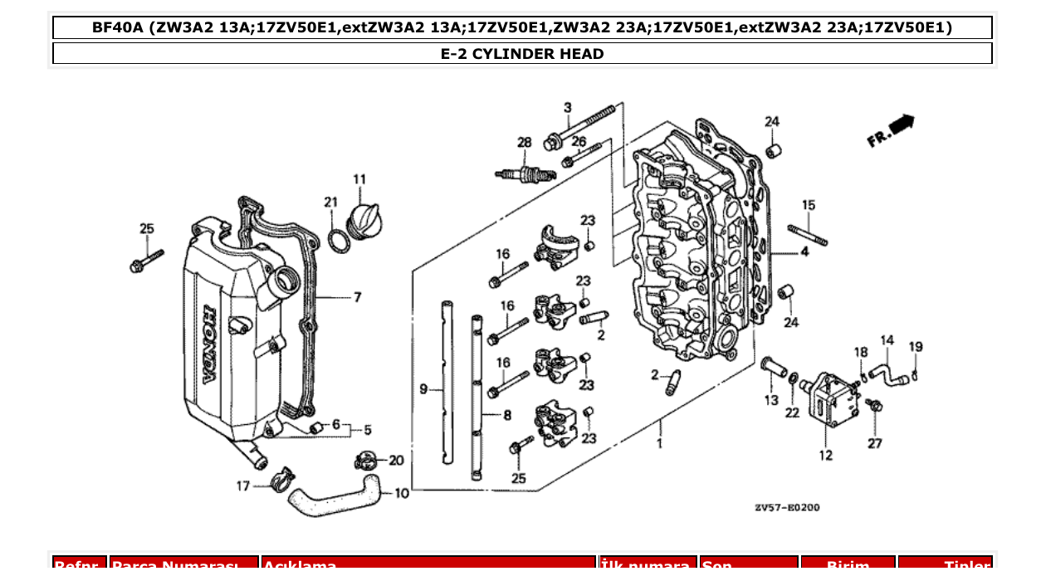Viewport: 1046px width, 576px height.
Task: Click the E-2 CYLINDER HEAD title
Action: point(522,54)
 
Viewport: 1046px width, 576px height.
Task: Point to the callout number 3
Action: point(568,108)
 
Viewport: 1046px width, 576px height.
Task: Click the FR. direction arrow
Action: point(892,131)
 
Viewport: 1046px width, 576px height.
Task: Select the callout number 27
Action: point(875,444)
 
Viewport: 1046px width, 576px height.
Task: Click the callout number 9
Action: point(423,389)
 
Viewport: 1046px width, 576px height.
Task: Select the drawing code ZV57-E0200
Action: point(786,506)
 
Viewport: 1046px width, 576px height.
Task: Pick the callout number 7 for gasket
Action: point(357,297)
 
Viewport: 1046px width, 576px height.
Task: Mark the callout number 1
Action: point(660,444)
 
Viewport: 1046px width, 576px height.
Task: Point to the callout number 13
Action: point(771,401)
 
